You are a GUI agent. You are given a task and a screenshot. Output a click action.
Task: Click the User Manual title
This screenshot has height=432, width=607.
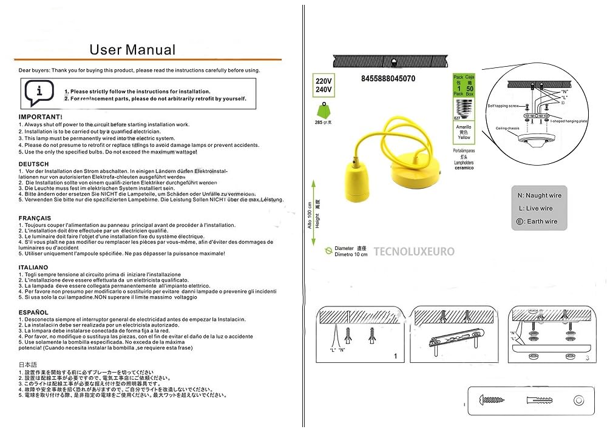(132, 50)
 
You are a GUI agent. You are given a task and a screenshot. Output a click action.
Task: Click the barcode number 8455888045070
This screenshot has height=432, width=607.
(388, 79)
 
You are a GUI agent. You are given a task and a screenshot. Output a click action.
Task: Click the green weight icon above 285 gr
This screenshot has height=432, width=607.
(322, 112)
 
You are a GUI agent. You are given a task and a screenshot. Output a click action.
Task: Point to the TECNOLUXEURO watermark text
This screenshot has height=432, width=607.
(414, 251)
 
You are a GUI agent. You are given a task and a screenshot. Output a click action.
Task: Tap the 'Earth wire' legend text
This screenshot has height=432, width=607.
(541, 222)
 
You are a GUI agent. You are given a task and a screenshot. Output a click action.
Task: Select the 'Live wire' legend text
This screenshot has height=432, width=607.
(540, 209)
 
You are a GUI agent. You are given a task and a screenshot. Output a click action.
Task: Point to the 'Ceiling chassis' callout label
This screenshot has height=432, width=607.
(507, 129)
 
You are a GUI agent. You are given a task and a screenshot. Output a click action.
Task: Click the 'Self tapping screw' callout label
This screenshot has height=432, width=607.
(503, 106)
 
